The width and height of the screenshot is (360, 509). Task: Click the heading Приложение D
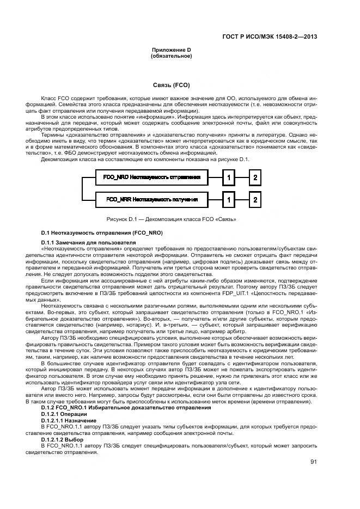171,50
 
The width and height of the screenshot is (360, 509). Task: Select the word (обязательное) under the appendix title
171,56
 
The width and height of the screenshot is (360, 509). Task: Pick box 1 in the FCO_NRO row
230,177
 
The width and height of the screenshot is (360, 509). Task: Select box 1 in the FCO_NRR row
230,200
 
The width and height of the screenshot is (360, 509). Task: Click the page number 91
313,462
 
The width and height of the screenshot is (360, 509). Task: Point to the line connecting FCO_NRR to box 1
215,200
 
